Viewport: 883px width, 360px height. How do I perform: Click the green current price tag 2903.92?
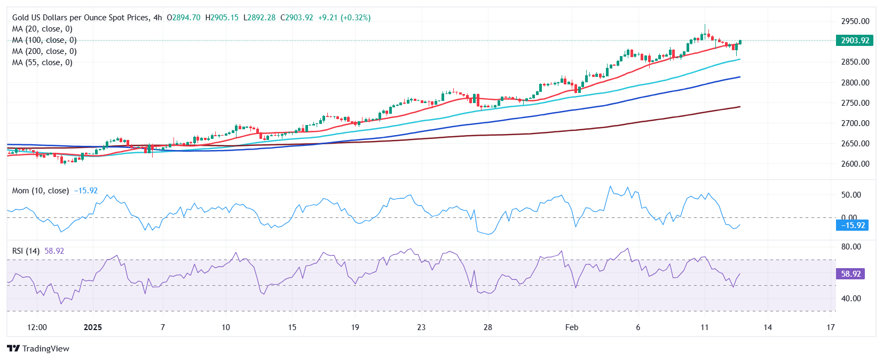click(x=855, y=41)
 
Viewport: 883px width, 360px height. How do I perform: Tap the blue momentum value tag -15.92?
click(x=853, y=225)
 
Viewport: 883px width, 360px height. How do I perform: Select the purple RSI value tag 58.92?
click(x=850, y=274)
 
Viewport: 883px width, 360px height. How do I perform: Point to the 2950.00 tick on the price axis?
click(x=855, y=21)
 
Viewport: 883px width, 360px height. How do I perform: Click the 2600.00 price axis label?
click(x=855, y=164)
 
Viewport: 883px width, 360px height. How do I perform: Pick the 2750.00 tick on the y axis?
click(x=855, y=103)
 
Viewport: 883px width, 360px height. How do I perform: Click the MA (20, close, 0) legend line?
click(x=42, y=29)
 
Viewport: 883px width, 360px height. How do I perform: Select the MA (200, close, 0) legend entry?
click(x=44, y=51)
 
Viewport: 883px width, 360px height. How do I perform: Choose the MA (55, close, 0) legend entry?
click(x=42, y=62)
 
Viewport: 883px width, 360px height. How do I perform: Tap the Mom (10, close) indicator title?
click(x=41, y=191)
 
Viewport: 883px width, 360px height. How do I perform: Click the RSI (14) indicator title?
click(x=26, y=251)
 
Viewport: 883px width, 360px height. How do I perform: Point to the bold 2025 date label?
click(x=93, y=327)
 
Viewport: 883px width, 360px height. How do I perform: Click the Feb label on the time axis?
click(x=571, y=327)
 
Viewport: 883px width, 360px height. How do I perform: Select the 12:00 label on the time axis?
click(x=37, y=327)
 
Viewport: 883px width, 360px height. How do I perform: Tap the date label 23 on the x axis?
click(x=421, y=327)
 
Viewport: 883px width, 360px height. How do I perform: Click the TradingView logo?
click(x=38, y=349)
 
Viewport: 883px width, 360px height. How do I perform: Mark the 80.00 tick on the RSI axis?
click(x=851, y=247)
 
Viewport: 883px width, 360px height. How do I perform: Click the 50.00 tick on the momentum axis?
click(x=851, y=195)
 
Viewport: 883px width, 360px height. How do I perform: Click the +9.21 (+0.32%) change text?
click(x=344, y=18)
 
